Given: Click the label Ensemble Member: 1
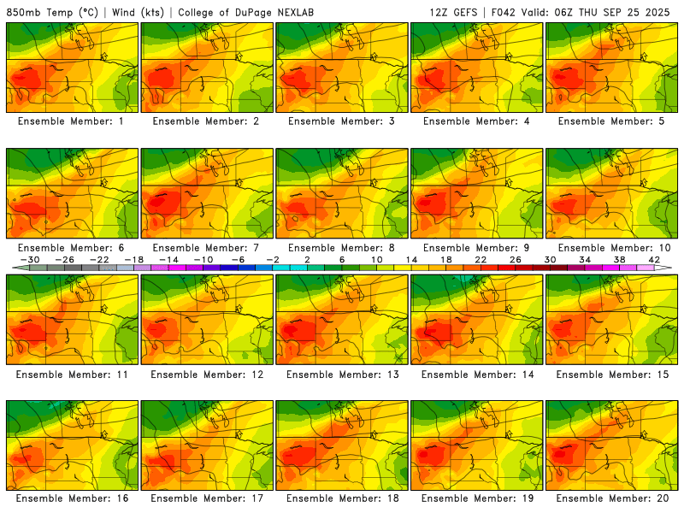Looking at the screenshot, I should pos(72,121).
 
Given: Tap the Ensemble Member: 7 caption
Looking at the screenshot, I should pos(207,247).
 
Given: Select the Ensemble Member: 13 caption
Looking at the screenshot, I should pos(342,374).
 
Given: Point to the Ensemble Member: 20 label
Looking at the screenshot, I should pos(612,498).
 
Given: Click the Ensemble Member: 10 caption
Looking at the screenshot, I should pos(612,247).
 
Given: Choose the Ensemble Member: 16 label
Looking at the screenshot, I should pos(72,498).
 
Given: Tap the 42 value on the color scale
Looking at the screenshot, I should pos(653,259).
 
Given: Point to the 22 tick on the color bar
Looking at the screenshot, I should pos(481,259).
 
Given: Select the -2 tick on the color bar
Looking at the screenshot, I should pos(273,259).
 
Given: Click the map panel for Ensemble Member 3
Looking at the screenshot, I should pos(342,68).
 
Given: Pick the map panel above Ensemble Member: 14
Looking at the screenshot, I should pos(477,319).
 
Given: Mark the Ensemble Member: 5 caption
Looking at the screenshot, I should pos(612,121).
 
